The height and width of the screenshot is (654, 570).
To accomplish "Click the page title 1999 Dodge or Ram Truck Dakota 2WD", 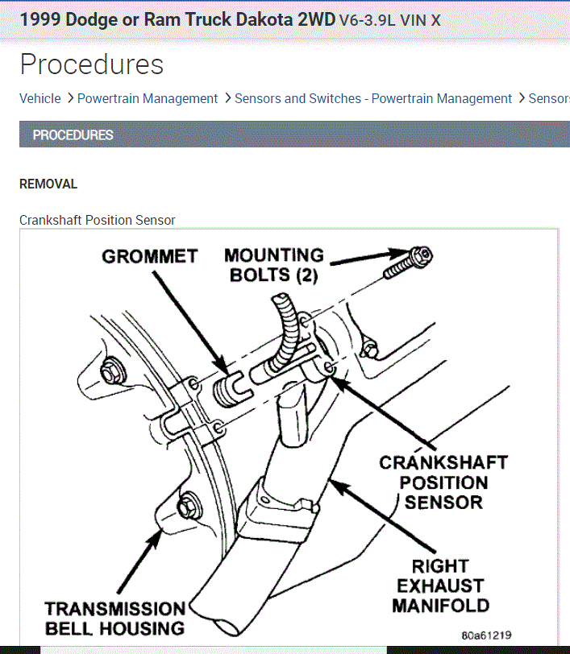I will click(x=177, y=20).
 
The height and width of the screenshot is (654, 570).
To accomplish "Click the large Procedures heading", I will click(x=91, y=64).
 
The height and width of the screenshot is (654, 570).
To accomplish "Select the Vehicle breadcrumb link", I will click(x=40, y=98).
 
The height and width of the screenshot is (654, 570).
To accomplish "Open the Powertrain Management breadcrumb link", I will click(x=148, y=98).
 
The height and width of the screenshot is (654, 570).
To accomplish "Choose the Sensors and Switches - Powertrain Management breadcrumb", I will click(x=373, y=98).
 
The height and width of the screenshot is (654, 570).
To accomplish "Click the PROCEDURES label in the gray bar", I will click(x=73, y=135).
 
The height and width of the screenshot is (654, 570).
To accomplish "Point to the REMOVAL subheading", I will click(x=48, y=184).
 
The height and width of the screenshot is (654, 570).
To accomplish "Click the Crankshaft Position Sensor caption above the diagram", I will click(x=97, y=220).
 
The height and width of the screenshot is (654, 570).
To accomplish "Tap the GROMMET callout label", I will click(x=149, y=256).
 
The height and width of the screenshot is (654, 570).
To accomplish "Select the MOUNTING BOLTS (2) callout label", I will click(x=273, y=265).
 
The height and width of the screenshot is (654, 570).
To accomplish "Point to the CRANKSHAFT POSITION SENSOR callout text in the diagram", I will click(x=443, y=482).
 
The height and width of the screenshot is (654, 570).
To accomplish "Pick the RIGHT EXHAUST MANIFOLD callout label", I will click(x=440, y=586).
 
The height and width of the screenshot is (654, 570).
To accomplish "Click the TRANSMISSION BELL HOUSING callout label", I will click(x=114, y=618).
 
